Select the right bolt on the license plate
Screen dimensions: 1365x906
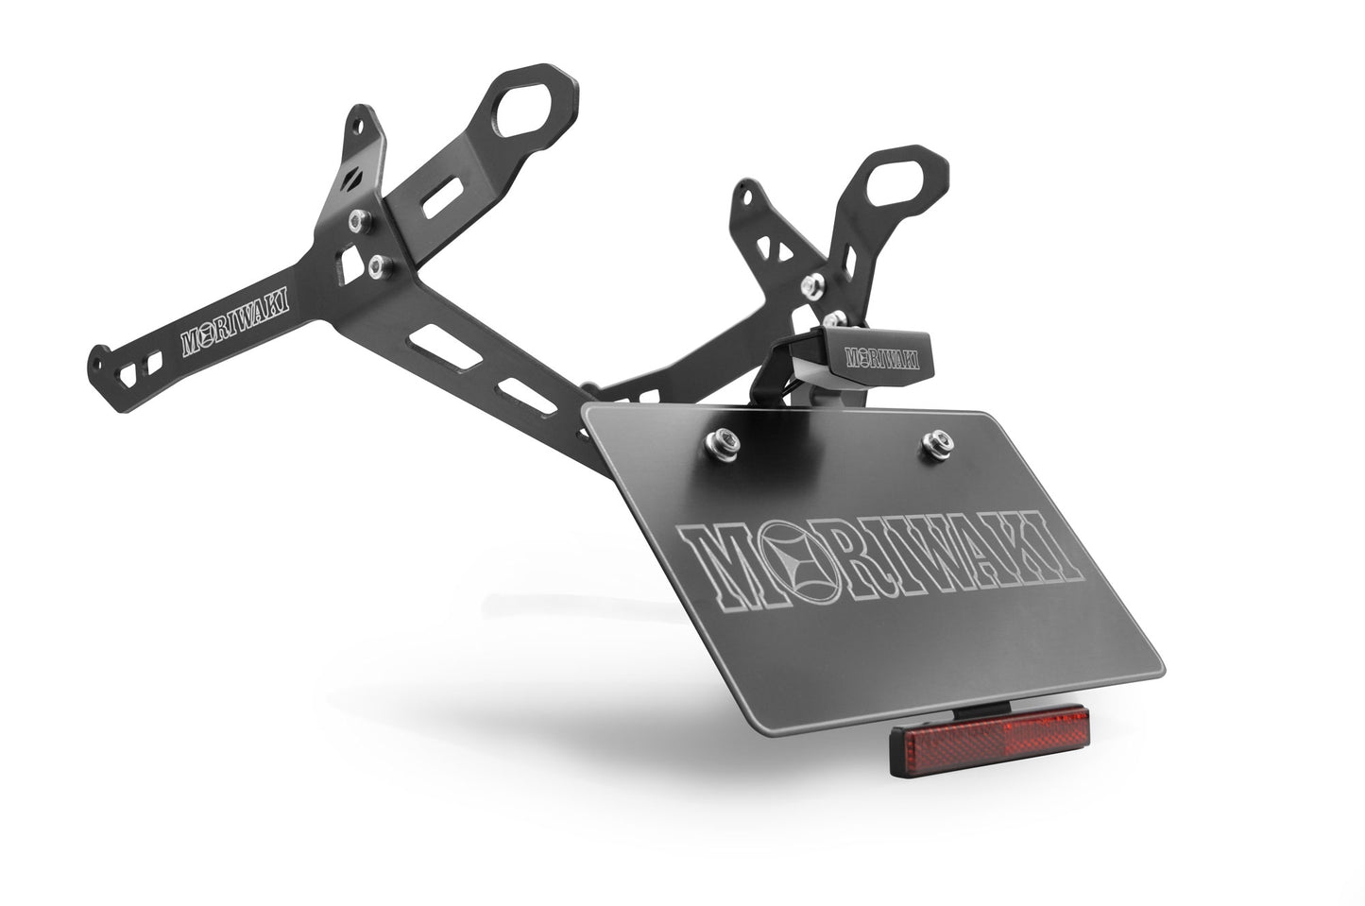click(x=937, y=441)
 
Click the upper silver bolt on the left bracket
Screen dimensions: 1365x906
click(x=359, y=220)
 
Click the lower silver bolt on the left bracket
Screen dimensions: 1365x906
click(x=380, y=266)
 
